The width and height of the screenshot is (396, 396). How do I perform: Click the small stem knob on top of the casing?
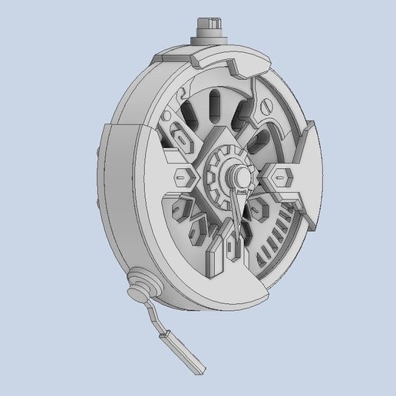pyautogui.click(x=210, y=29)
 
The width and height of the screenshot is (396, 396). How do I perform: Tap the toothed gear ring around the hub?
pyautogui.click(x=221, y=166)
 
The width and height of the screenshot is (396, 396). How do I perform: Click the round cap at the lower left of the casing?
pyautogui.click(x=139, y=285)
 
